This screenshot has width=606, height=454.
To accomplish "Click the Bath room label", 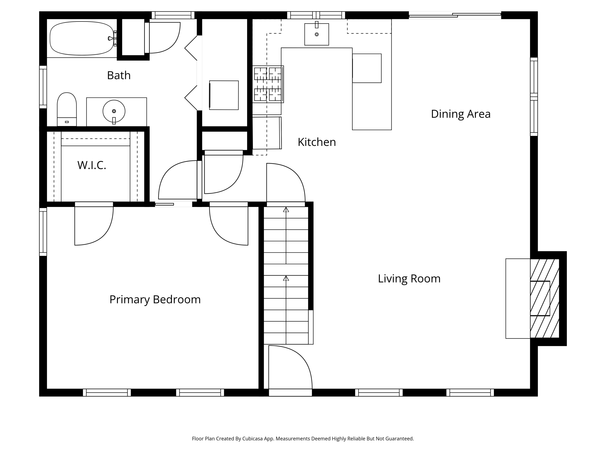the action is tap(119, 75).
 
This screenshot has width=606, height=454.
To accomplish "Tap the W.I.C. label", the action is tap(92, 165).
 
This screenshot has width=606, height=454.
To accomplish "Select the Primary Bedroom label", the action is tap(155, 300).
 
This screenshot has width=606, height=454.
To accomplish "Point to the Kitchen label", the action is tap(317, 142).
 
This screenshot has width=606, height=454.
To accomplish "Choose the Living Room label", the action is tap(409, 279).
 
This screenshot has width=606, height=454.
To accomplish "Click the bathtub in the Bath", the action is tap(82, 38).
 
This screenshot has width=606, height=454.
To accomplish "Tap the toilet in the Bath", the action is tap(67, 109).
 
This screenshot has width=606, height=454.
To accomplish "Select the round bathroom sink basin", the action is tap(114, 111).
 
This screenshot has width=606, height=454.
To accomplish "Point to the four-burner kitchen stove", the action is tap(268, 84).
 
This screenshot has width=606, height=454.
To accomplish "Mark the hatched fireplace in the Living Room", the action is tap(544, 298).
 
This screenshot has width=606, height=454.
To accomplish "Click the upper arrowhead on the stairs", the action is tap(286, 210).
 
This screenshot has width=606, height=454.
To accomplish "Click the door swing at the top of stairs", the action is tap(286, 183).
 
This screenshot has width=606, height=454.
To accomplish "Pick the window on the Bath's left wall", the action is tap(43, 87).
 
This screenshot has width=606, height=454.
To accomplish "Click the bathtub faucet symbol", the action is tap(112, 38).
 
